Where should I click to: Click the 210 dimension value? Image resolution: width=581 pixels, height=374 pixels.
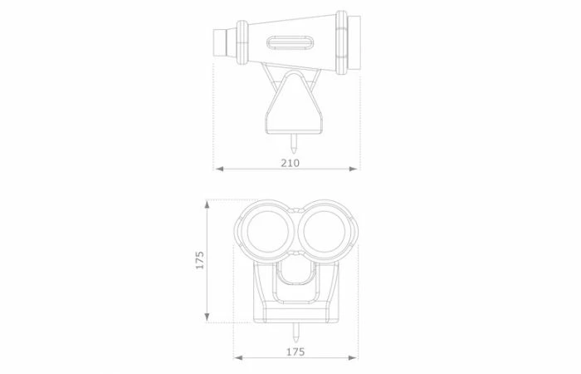tap(290, 163)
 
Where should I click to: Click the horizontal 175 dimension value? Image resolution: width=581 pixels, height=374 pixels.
tap(295, 352)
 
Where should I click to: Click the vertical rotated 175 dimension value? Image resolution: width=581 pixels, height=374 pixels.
tap(200, 260)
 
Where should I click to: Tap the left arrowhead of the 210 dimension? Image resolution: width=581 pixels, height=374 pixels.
tap(219, 169)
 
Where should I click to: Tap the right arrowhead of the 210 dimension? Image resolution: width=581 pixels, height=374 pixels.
tap(354, 169)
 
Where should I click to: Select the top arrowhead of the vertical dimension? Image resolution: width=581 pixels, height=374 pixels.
tap(207, 204)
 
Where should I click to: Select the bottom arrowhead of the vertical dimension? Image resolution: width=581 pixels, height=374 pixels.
tap(207, 317)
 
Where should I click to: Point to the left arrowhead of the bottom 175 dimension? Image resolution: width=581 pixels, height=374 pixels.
tap(238, 357)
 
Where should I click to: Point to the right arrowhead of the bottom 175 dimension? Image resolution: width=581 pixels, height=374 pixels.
tap(354, 357)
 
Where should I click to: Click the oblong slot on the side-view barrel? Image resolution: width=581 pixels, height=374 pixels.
tap(290, 42)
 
